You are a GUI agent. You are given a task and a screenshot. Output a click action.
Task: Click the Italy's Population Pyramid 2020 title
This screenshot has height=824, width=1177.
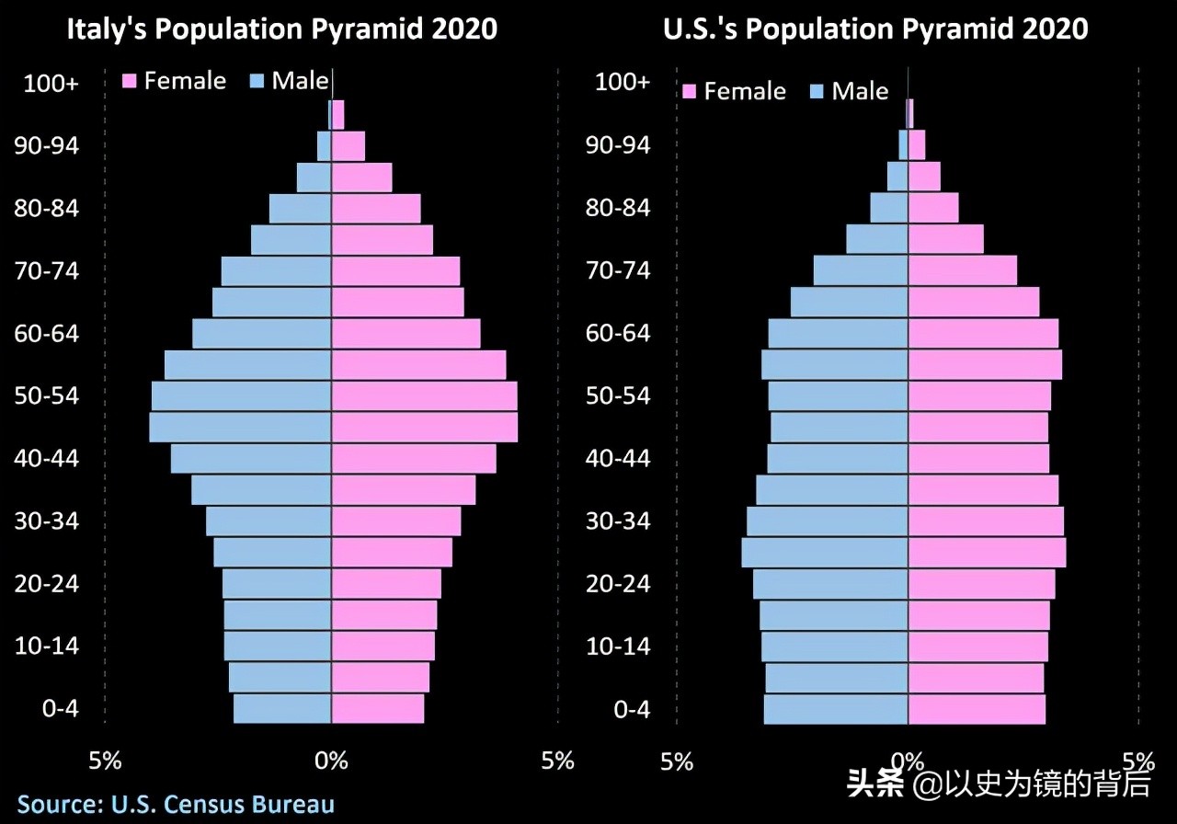(x=281, y=29)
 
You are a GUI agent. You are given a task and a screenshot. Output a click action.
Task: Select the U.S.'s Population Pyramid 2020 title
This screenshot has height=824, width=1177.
(x=874, y=29)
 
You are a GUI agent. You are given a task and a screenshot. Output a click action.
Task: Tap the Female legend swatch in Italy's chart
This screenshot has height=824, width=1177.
(x=131, y=81)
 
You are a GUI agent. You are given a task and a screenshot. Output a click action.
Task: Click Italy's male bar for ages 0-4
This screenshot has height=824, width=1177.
(x=282, y=709)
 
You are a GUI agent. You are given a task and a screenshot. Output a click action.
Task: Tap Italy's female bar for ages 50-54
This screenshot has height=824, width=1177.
(x=424, y=396)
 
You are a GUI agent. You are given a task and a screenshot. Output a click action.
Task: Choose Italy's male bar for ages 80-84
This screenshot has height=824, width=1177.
(x=300, y=209)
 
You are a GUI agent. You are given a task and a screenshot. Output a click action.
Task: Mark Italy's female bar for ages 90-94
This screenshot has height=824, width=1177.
(x=348, y=146)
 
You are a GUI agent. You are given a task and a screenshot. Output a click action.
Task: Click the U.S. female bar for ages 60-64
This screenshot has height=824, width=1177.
(x=983, y=333)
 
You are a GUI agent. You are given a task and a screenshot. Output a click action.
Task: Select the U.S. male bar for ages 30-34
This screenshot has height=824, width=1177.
(x=827, y=521)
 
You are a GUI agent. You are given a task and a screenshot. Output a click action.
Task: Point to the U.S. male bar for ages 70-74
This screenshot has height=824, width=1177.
(x=861, y=270)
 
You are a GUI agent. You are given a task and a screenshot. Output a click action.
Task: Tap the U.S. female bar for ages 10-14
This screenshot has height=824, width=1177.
(x=977, y=647)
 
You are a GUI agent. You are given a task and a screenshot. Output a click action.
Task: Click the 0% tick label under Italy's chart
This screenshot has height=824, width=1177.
(x=331, y=761)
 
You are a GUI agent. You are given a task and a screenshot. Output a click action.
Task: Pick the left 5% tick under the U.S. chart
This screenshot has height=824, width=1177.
(x=677, y=761)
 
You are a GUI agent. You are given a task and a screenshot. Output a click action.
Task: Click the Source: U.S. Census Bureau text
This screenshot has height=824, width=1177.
(x=175, y=804)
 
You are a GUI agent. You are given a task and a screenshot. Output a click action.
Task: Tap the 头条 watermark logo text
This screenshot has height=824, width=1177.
(x=874, y=784)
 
